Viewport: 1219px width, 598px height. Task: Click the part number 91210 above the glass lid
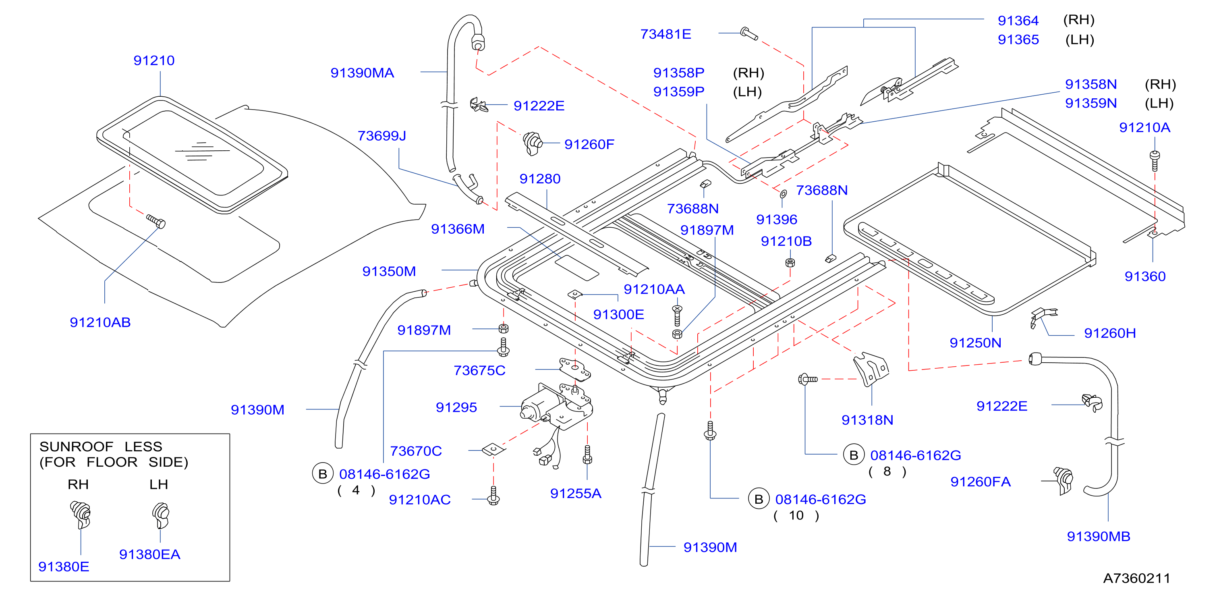coord(154,60)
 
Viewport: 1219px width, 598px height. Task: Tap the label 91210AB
coord(100,322)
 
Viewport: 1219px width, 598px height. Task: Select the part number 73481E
coord(666,34)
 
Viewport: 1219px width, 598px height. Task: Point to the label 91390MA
coord(362,73)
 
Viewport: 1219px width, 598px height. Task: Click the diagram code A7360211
coord(1137,578)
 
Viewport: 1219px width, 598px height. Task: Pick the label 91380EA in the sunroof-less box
coord(149,554)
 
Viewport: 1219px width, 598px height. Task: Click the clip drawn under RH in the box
coord(81,515)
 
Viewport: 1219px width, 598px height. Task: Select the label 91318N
coord(867,420)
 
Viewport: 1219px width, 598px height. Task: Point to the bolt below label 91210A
coord(1155,160)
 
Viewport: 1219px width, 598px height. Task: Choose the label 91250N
coord(975,343)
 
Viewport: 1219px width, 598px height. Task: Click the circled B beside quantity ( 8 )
coord(854,455)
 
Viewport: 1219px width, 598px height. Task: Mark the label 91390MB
coord(1098,536)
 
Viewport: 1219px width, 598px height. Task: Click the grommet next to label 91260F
coord(533,143)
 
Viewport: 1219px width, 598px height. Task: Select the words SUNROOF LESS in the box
coord(101,446)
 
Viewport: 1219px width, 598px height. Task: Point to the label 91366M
coord(458,229)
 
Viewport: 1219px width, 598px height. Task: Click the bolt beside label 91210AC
coord(493,496)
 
